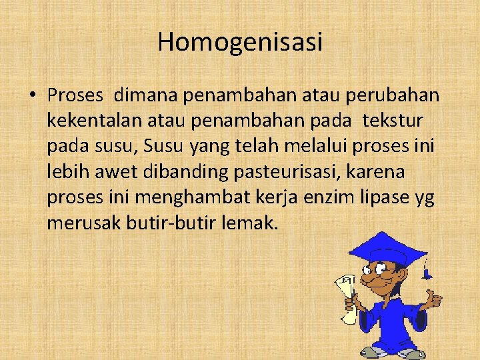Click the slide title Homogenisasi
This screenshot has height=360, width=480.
coord(240,42)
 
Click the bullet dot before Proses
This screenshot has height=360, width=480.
coord(32,95)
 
